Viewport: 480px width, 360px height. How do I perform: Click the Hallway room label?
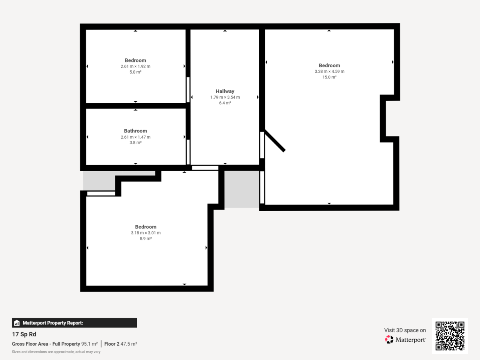[x=225, y=91]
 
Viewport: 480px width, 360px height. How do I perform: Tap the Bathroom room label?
[x=135, y=131]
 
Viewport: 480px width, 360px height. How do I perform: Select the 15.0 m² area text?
[x=329, y=77]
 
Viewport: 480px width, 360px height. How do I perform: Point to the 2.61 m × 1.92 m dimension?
[x=135, y=66]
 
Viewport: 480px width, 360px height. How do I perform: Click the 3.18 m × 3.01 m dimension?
[x=146, y=233]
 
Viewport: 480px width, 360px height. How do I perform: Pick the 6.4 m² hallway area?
[x=225, y=103]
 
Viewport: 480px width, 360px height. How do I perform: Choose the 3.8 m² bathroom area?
[x=135, y=142]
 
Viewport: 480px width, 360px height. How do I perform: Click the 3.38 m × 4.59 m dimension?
[x=329, y=72]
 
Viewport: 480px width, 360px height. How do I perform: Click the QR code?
[x=450, y=336]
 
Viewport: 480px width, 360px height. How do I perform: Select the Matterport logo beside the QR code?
[x=405, y=340]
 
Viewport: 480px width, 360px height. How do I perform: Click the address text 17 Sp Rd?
[x=24, y=334]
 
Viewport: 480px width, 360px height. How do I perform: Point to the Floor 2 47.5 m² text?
[x=121, y=344]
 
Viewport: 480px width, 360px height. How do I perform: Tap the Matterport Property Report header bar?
[x=74, y=323]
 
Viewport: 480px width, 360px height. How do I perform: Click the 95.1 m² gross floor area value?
[x=90, y=344]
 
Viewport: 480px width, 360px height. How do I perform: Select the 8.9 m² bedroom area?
[x=146, y=238]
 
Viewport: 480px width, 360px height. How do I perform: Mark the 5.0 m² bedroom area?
[x=135, y=72]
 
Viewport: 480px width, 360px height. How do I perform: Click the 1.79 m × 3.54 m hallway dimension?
[x=225, y=97]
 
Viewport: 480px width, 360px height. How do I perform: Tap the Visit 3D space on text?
[x=405, y=330]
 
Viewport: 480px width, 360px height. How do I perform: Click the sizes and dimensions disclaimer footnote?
[x=56, y=352]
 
